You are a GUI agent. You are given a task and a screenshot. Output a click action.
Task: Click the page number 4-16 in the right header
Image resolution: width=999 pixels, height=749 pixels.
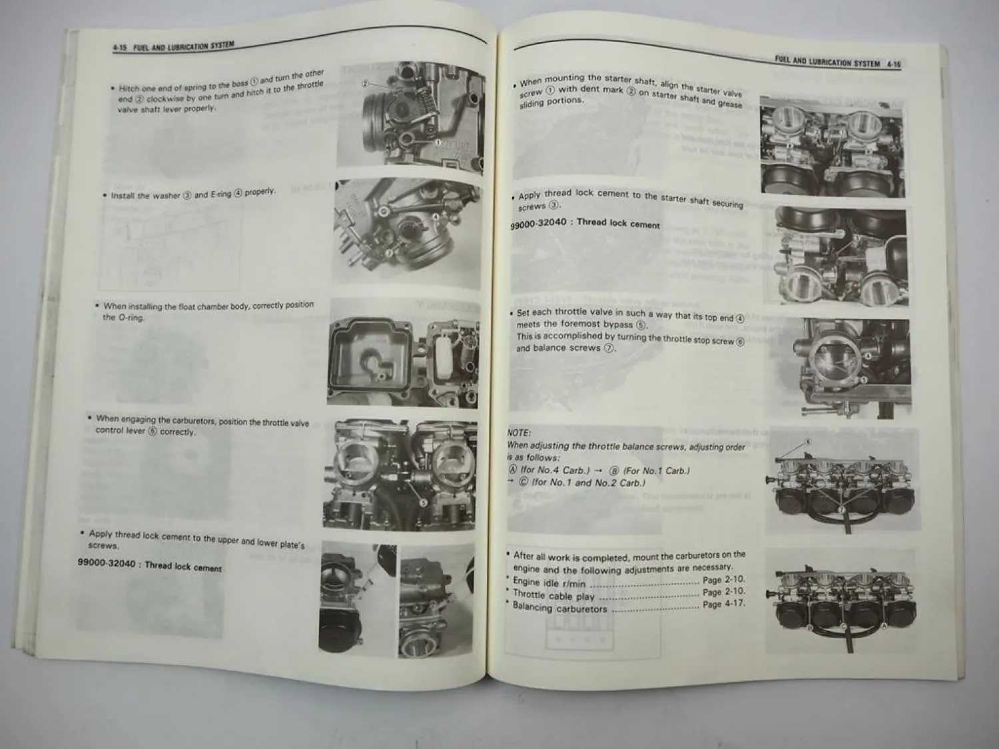click(893, 65)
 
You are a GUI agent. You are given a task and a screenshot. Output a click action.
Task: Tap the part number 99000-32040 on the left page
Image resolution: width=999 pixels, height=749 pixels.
click(107, 563)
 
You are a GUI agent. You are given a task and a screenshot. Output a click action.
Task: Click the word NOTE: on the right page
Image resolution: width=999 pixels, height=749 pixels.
click(519, 433)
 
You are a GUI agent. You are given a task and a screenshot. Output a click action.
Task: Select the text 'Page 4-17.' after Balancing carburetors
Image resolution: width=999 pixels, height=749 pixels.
click(723, 604)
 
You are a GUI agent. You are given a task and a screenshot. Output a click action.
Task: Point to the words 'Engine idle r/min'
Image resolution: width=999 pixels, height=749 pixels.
click(549, 583)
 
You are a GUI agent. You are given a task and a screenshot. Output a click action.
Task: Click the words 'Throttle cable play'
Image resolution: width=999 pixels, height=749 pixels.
click(553, 595)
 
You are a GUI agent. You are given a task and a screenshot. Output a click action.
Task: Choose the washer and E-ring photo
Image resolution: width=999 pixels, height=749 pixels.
click(408, 233)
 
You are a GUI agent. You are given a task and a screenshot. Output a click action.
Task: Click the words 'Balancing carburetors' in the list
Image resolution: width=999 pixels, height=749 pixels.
click(559, 608)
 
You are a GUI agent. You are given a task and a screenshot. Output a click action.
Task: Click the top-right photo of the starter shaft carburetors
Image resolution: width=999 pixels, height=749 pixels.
click(832, 146)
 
